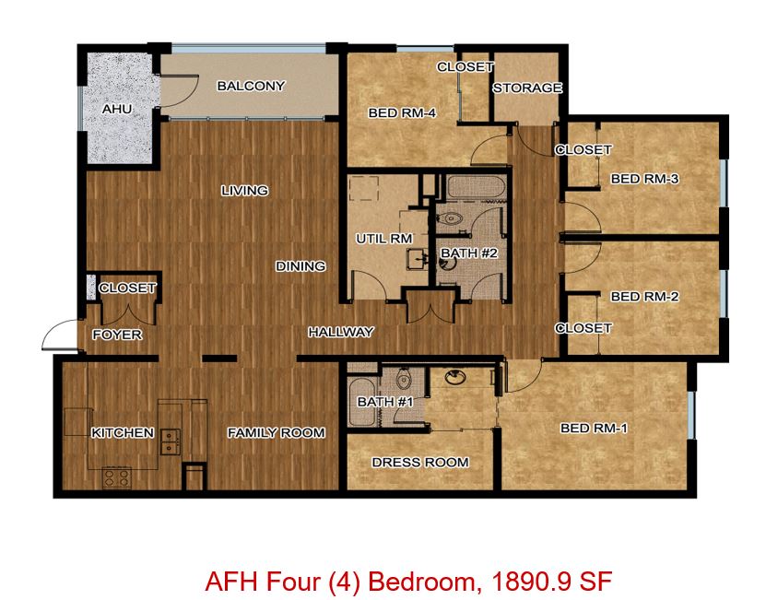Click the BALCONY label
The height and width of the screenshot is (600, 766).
click(x=251, y=86)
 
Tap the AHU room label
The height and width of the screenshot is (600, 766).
click(x=117, y=109)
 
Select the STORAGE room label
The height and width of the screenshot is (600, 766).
click(x=527, y=88)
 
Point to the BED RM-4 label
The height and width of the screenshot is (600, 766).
click(x=402, y=112)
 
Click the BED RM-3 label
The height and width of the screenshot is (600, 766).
click(x=644, y=179)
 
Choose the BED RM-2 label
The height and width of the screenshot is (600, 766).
click(x=644, y=297)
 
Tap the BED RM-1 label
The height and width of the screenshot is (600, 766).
click(x=594, y=429)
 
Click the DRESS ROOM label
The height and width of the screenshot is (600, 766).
click(x=420, y=463)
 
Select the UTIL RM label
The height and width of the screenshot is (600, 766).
click(x=384, y=239)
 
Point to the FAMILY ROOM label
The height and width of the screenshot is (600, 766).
click(x=276, y=433)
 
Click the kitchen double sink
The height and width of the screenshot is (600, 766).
click(x=171, y=441)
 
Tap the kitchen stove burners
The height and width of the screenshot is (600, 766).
click(x=117, y=477)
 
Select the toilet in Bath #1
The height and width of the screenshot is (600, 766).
click(x=404, y=378)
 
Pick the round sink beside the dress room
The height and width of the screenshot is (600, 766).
click(x=455, y=377)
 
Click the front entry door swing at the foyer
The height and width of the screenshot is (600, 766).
click(x=60, y=335)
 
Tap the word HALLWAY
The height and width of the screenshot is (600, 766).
click(x=341, y=332)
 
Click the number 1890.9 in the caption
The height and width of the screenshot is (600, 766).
click(x=532, y=582)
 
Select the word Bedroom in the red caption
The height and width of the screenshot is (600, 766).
click(x=421, y=582)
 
